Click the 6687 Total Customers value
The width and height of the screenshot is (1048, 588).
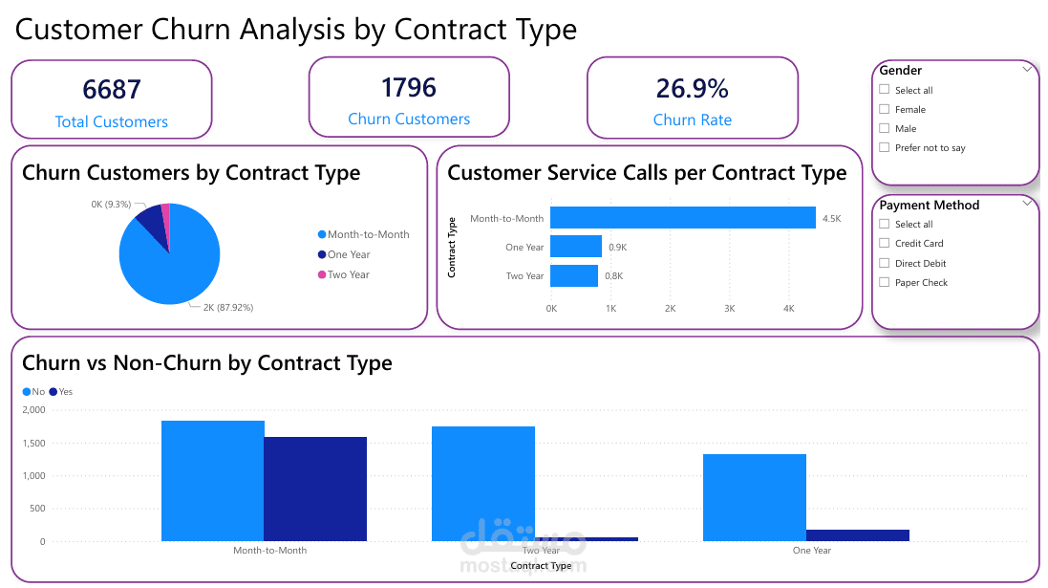(112, 89)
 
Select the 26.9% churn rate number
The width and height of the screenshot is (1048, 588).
(692, 88)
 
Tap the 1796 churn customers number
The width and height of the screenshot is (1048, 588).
(408, 87)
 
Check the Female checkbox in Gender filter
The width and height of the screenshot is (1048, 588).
(885, 110)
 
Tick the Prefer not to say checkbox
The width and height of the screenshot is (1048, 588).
(885, 148)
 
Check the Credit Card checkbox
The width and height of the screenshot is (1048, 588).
(885, 244)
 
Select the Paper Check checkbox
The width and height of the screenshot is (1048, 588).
(885, 283)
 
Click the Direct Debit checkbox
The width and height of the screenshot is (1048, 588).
(885, 263)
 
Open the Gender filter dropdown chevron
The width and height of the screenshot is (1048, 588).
(1027, 69)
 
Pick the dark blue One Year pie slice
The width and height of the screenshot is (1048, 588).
(151, 222)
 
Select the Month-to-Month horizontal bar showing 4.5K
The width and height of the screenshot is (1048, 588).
(683, 218)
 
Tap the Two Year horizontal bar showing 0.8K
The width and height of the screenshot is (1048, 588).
(574, 276)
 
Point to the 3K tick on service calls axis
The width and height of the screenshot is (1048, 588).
(729, 309)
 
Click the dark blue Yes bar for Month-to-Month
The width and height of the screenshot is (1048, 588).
(315, 489)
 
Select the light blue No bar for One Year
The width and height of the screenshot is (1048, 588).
(754, 497)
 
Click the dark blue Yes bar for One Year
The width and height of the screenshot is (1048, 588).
(857, 535)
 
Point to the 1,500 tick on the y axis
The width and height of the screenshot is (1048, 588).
(33, 443)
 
